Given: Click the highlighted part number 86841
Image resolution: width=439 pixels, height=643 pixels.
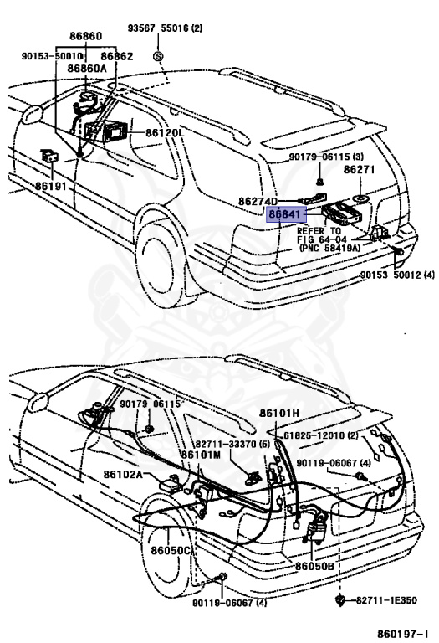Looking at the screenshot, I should point(284,214).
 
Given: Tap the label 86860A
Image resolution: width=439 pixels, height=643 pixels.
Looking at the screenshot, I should point(87,69).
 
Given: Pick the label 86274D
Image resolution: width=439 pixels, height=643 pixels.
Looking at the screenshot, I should point(259,202).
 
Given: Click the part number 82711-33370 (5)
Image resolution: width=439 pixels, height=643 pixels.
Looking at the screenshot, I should point(233,445).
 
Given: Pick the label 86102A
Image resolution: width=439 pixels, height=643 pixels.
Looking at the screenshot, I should point(123,475).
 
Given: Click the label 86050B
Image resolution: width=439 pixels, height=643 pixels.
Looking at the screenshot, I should point(314,567).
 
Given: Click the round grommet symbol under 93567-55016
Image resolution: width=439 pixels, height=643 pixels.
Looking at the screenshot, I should point(158,54).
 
